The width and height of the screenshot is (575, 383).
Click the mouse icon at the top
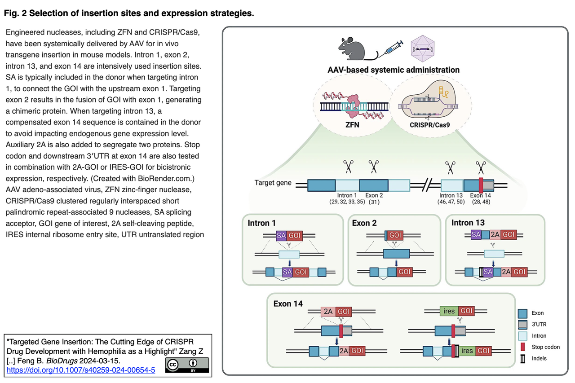pos(352,48)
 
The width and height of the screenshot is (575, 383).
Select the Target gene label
pos(273,183)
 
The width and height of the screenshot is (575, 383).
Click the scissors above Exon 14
pos(481,167)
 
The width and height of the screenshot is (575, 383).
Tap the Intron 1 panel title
pos(261,223)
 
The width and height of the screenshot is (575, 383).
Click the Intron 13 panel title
pos(468,223)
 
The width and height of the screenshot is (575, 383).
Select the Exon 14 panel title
pos(288,304)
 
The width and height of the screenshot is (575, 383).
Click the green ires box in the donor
pos(449,311)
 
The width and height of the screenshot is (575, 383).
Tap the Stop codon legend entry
pos(545,347)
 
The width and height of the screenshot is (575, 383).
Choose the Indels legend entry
pos(539,358)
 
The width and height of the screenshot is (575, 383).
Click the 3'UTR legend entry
pos(539,324)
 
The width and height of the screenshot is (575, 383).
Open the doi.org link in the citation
pos(80,370)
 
